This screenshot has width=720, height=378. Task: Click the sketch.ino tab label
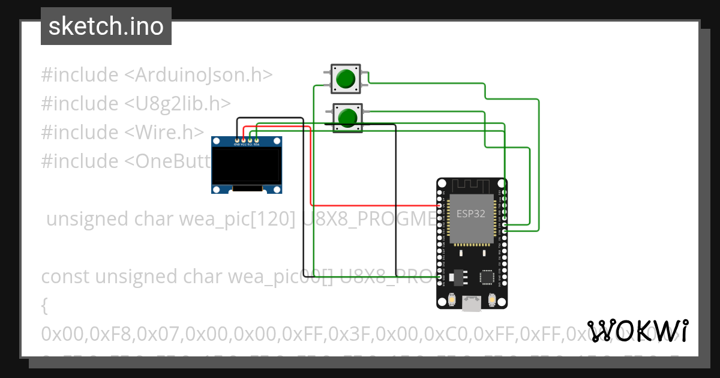coord(106,26)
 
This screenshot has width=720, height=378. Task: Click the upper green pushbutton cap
coord(346,79)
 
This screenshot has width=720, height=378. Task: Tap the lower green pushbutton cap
coord(347,117)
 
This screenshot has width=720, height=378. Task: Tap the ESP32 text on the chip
coord(471,214)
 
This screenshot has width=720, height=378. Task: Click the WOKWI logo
coord(637,331)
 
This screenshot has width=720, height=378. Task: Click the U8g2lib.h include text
coord(178,103)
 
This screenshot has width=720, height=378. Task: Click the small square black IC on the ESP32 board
coord(487,277)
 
